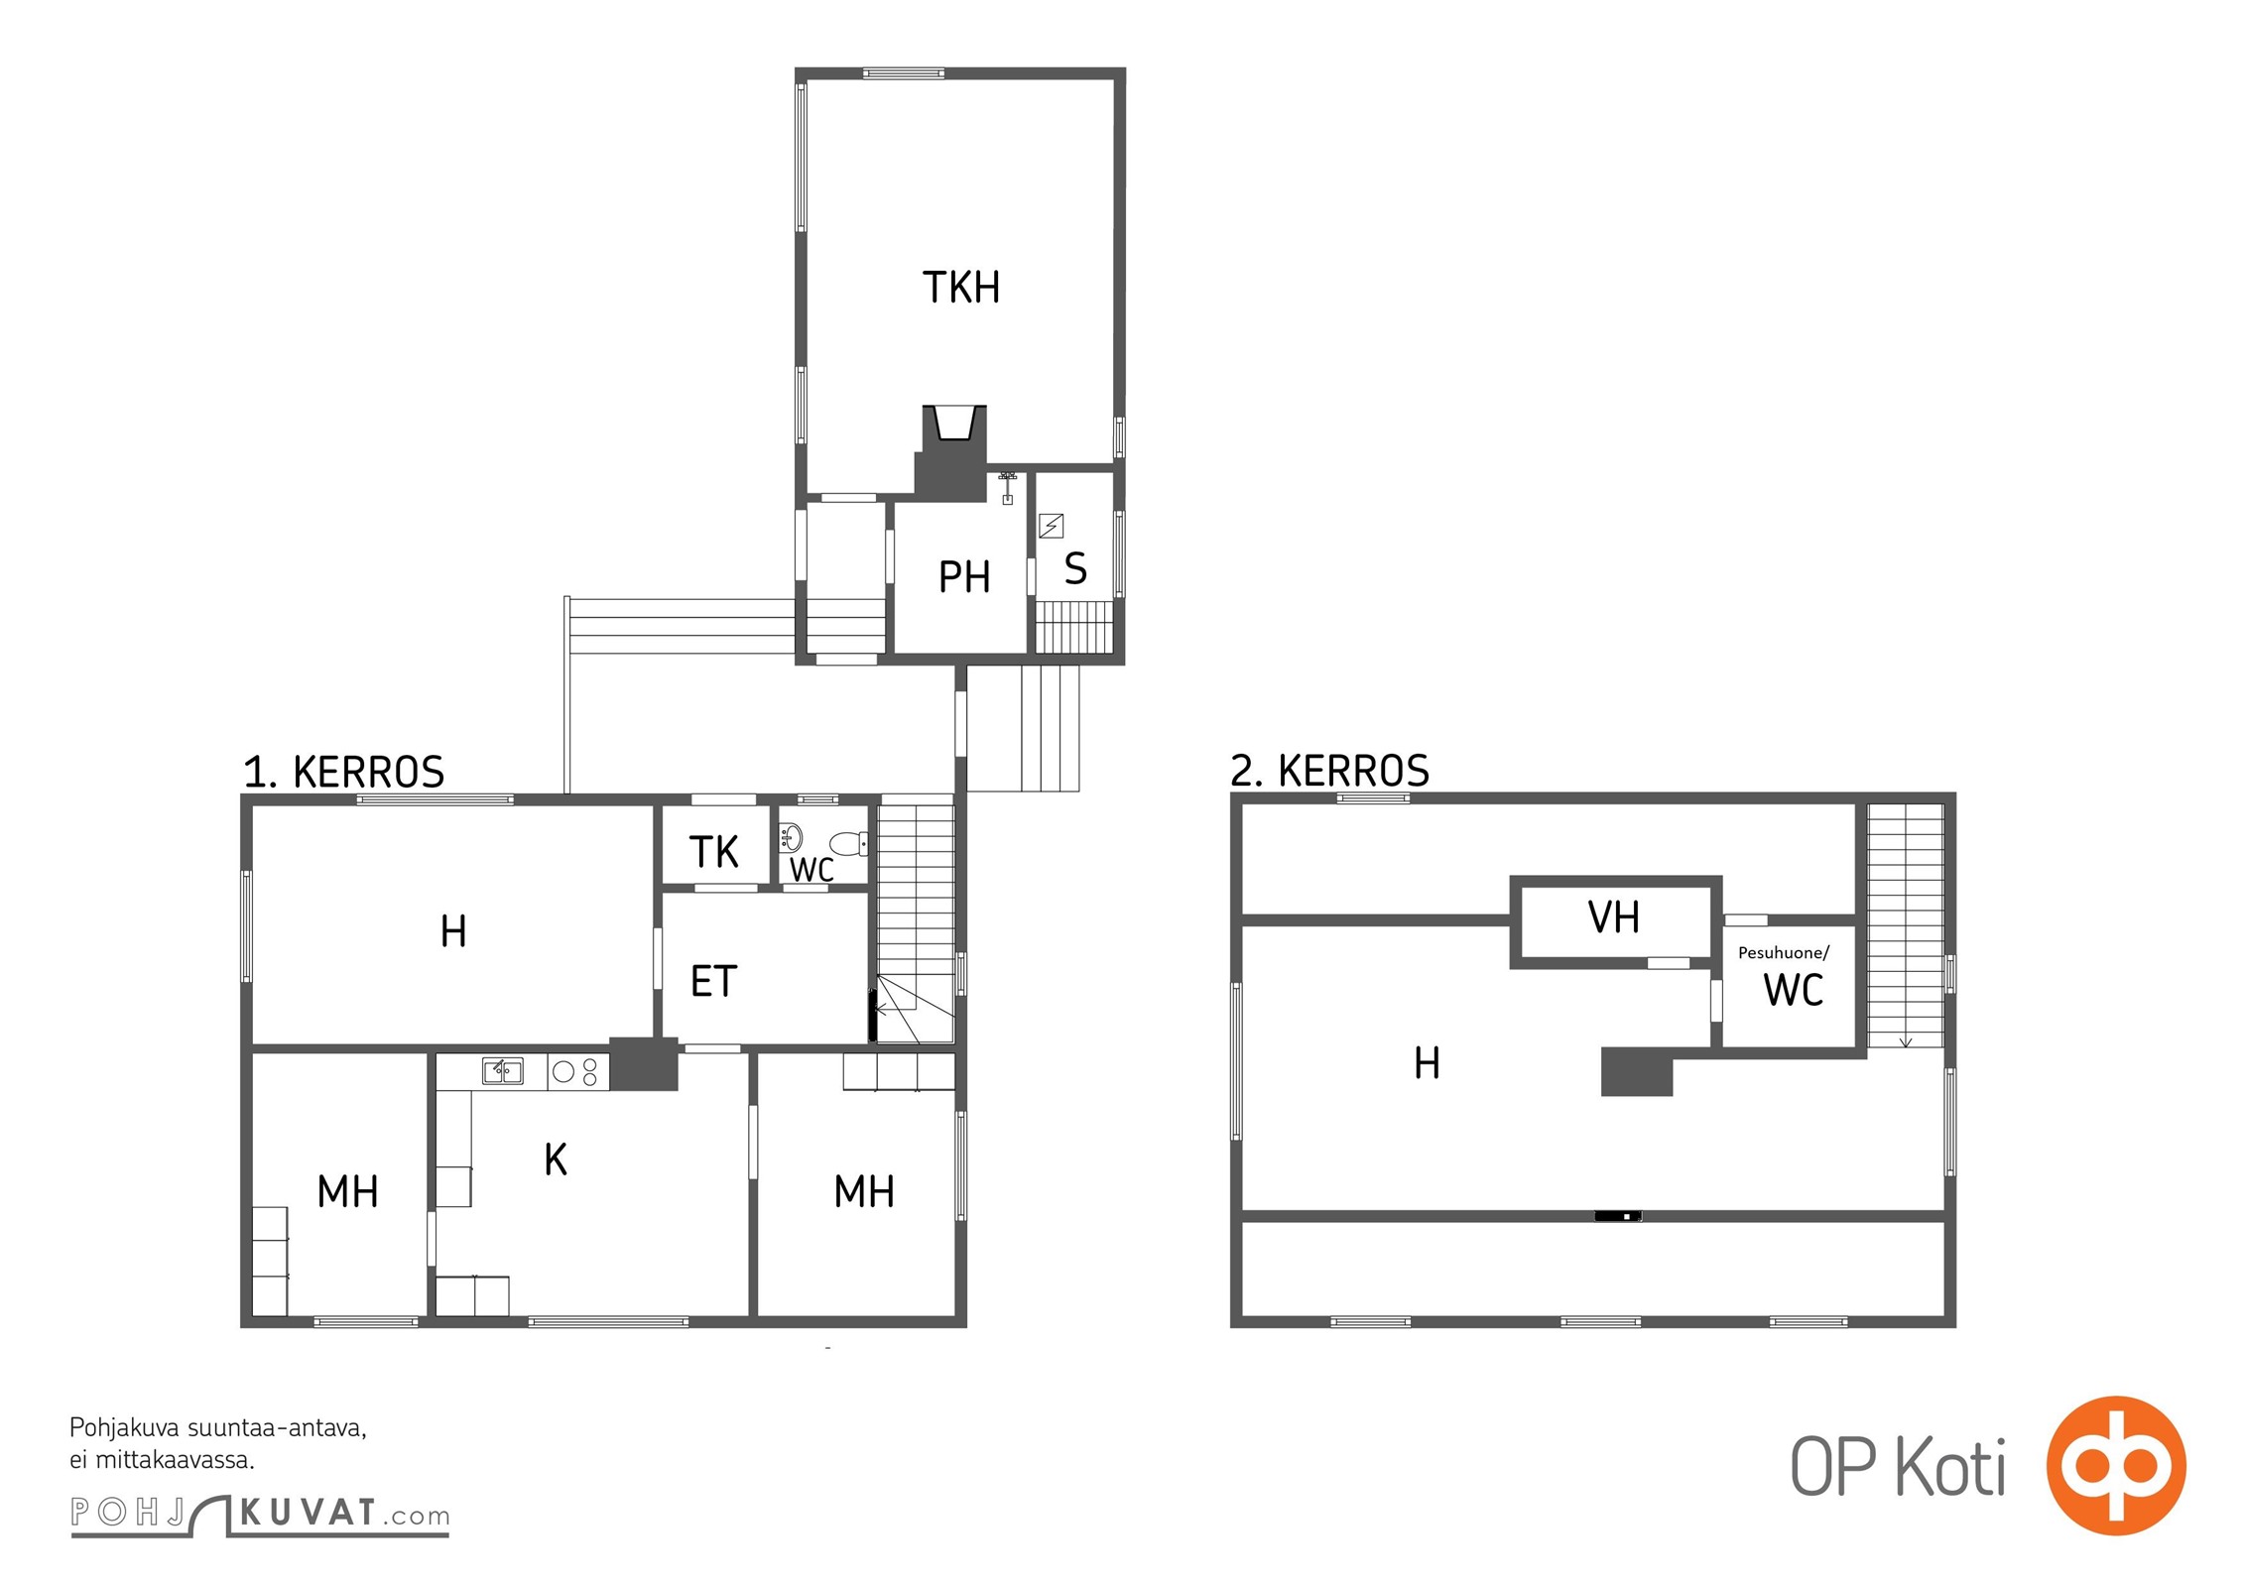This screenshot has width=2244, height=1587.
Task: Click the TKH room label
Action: [961, 288]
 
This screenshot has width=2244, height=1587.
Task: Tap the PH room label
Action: [964, 577]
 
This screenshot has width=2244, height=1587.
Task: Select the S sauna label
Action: [1075, 568]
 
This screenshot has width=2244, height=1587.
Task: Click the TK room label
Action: [714, 852]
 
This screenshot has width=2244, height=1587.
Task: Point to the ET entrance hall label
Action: [714, 982]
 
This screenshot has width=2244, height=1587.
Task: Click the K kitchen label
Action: [556, 1159]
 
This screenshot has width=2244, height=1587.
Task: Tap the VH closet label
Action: [1614, 917]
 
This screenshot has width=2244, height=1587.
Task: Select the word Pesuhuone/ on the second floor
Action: [1784, 953]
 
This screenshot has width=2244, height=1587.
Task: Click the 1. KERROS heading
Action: [344, 772]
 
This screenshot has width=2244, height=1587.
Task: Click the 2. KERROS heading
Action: [1330, 770]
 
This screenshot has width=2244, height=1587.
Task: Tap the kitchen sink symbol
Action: [503, 1070]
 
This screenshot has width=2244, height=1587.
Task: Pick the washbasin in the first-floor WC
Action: [791, 838]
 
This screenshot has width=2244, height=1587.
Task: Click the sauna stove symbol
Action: [1051, 525]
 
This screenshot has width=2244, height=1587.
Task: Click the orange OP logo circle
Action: [2116, 1465]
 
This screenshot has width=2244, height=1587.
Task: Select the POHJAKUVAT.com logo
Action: [260, 1516]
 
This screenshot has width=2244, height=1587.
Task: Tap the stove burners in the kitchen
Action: [578, 1071]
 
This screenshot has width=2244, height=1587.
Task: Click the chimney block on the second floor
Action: [1637, 1071]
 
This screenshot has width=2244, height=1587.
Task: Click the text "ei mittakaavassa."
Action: [162, 1460]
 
